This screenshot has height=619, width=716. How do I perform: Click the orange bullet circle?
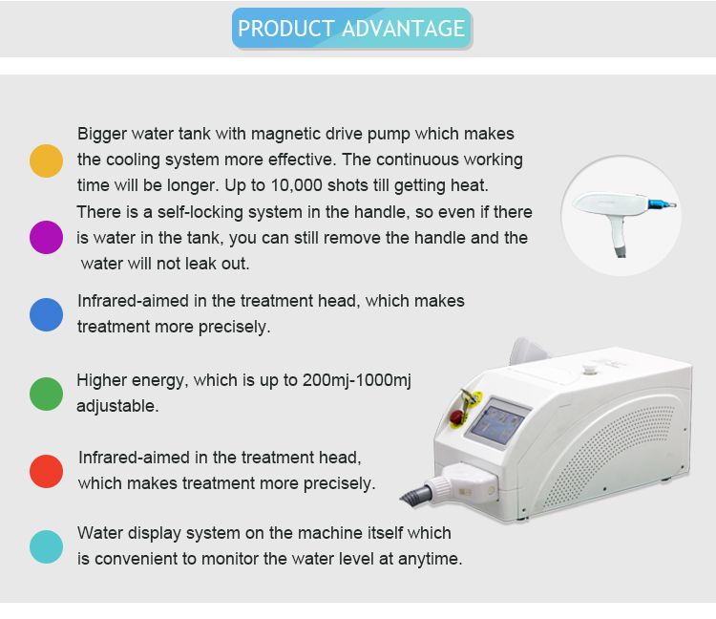tap(46, 160)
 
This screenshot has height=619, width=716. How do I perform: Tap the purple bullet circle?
tap(46, 237)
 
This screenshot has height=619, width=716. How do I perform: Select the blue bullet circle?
tap(46, 314)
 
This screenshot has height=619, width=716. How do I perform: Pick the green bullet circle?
tap(46, 394)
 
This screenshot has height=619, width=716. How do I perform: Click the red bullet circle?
tap(46, 471)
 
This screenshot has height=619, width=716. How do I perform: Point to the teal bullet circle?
tap(46, 546)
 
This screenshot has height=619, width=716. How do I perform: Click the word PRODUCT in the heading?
tap(286, 29)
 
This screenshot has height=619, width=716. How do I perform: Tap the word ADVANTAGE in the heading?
tap(403, 29)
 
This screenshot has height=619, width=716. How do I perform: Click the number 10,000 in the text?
tap(297, 186)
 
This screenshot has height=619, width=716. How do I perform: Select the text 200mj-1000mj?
tap(357, 381)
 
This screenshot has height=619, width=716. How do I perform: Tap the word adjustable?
tap(117, 407)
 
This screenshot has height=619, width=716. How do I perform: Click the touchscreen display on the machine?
tap(497, 423)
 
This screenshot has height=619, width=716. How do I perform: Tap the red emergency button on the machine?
tap(456, 417)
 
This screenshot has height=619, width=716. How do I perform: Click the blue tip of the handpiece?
tap(662, 204)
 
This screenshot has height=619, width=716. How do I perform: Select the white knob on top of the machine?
tap(590, 368)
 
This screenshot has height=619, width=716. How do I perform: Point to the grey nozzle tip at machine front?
tap(415, 495)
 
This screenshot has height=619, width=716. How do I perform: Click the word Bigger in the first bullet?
tap(102, 135)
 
